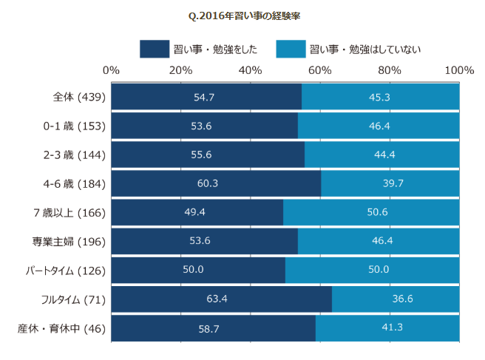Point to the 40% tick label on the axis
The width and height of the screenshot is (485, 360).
coord(250,70)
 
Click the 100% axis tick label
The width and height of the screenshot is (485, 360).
coord(459,70)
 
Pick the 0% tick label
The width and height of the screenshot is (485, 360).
coord(112,70)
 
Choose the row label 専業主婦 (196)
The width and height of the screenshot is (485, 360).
coord(75,241)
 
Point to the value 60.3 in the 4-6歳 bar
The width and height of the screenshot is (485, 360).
coord(216,183)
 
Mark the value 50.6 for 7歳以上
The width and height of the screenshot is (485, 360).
coord(371,212)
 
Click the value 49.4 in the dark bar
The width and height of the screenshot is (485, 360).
coord(197,212)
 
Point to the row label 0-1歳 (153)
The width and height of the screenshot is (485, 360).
coord(75,126)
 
